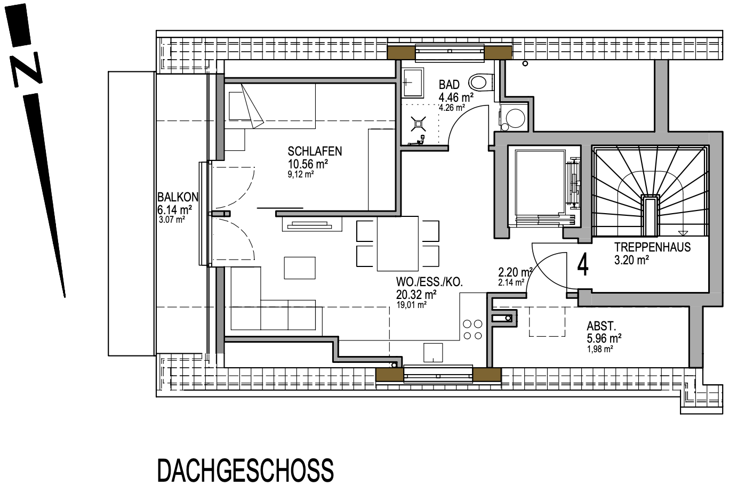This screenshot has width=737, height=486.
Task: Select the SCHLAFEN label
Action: tap(315, 151)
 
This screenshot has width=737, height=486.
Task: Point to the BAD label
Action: tap(449, 85)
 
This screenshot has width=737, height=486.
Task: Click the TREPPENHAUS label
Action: tap(652, 247)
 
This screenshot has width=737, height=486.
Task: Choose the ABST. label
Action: tap(602, 326)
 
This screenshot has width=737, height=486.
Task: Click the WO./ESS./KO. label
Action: tap(429, 281)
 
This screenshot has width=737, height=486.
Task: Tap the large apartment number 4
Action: tap(583, 265)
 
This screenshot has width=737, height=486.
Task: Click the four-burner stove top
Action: tap(472, 329)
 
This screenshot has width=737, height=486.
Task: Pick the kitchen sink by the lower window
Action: tap(433, 351)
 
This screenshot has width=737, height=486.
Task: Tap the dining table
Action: tap(397, 244)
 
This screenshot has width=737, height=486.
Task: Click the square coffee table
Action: tap(300, 267)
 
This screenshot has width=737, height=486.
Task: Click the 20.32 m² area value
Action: tap(416, 294)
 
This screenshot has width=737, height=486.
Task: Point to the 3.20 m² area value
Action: tap(631, 260)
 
